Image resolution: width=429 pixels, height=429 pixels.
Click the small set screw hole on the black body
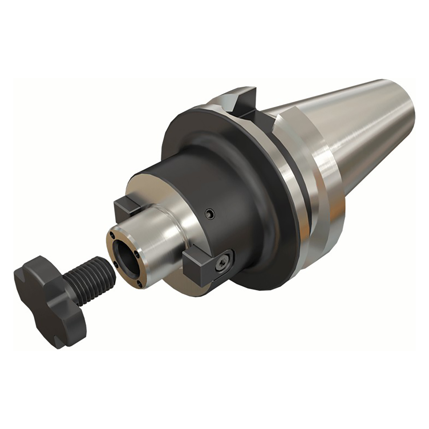tap(210, 213)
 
